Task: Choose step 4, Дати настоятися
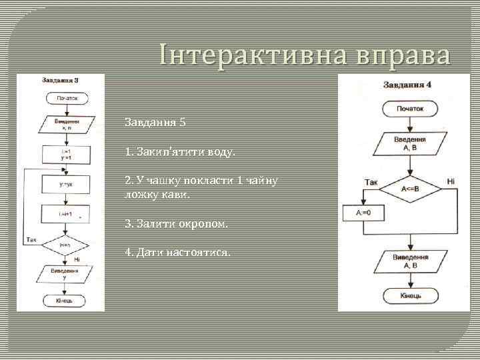(178, 253)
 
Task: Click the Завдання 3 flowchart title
(61, 81)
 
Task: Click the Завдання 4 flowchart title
(407, 85)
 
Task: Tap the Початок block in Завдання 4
(410, 109)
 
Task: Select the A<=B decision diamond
(410, 188)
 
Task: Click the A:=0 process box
(363, 213)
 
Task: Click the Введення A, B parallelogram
(410, 143)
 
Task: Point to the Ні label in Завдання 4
(451, 181)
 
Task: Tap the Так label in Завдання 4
(371, 181)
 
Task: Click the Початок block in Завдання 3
(65, 99)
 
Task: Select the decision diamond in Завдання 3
(65, 245)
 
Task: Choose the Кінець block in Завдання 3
(65, 301)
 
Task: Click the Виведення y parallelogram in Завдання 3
(65, 273)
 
